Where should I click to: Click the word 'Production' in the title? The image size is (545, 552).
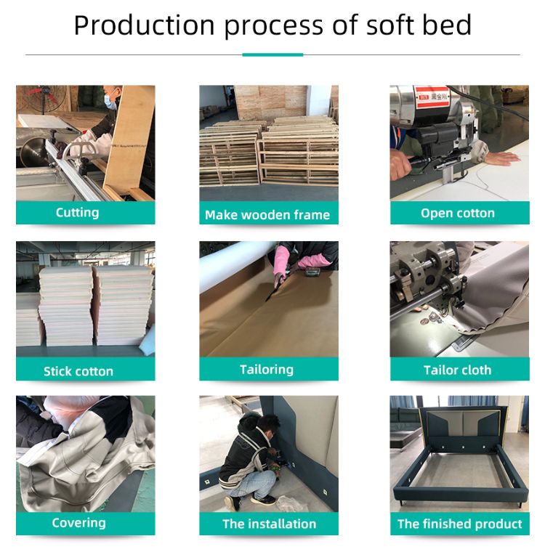point(144,25)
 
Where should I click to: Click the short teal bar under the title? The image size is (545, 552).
point(272,54)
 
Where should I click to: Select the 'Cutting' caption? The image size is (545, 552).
point(78,213)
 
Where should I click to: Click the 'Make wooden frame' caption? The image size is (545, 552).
point(267,215)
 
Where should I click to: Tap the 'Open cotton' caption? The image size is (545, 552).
point(458,213)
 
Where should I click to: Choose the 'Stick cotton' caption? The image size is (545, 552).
point(78,371)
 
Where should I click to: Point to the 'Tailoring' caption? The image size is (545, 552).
point(267,370)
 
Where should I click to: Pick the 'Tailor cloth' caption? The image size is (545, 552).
point(457,370)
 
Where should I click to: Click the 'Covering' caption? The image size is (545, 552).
point(79,523)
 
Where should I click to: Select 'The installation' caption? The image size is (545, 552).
point(269,524)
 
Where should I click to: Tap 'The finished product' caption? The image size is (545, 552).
point(460,524)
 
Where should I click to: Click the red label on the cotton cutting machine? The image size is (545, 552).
point(432,97)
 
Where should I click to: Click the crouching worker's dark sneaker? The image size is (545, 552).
point(263,499)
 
